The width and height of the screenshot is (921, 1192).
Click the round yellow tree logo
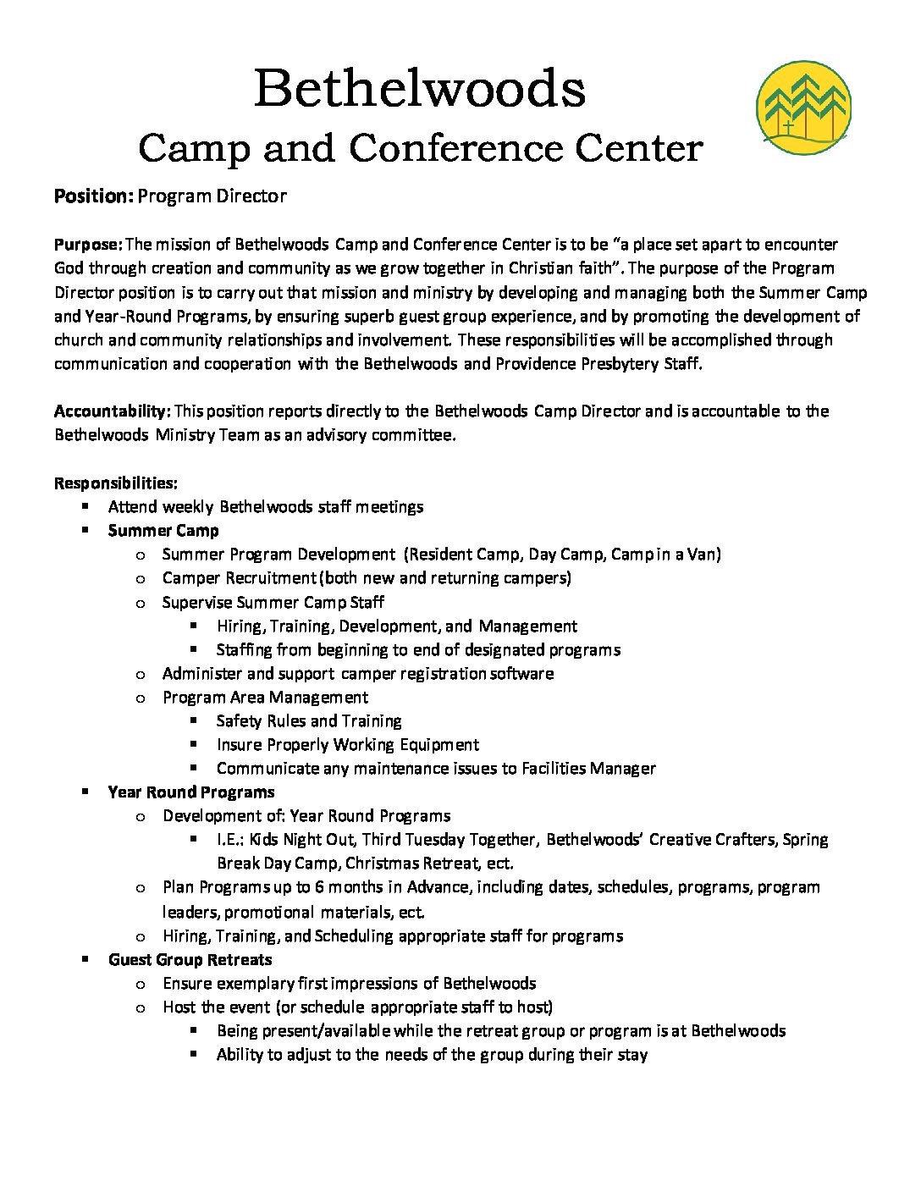click(x=802, y=107)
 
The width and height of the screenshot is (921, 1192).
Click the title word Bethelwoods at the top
click(x=420, y=88)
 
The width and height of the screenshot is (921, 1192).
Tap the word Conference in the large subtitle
click(x=455, y=148)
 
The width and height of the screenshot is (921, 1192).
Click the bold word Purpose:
click(x=88, y=245)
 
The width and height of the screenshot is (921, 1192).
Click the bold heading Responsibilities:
click(x=116, y=483)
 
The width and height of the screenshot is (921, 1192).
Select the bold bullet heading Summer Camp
click(x=163, y=531)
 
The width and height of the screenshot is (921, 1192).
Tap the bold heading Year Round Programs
click(x=191, y=792)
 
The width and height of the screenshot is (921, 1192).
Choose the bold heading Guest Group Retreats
click(x=190, y=960)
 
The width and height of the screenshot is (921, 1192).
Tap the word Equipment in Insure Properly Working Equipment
click(x=439, y=745)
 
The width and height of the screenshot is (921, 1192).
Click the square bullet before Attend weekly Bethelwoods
click(x=85, y=506)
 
